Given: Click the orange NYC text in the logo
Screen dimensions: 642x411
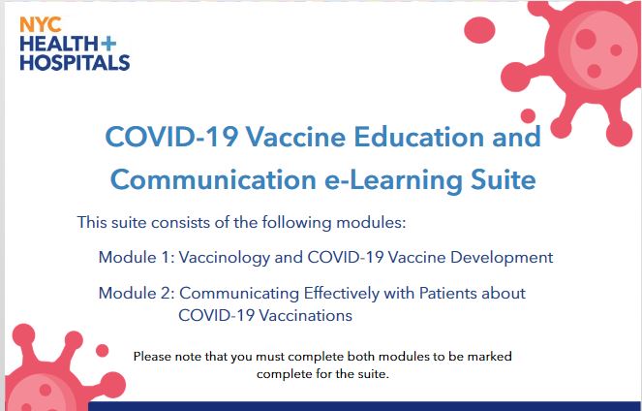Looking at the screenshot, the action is [41, 25].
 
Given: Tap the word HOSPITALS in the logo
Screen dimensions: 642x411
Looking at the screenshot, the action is [75, 63].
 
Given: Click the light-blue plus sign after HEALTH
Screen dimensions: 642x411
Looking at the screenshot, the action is [108, 44].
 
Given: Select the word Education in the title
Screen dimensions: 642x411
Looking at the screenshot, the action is [418, 137].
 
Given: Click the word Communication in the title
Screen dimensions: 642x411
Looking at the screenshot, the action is [213, 179].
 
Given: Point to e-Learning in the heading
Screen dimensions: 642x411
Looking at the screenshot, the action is [393, 181].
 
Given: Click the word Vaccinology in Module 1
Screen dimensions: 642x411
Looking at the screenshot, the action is [225, 258].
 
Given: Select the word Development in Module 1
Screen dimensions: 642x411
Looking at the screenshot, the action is [502, 258].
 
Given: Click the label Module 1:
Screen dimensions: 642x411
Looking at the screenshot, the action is [137, 257].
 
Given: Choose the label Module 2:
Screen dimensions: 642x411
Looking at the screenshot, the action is [137, 294].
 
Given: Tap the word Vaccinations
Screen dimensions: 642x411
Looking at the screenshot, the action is [306, 316].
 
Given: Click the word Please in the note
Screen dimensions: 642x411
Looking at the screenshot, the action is [152, 356].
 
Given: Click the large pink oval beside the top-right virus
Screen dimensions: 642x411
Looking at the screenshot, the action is [479, 30].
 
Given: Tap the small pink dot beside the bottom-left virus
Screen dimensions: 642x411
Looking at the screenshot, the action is [102, 351].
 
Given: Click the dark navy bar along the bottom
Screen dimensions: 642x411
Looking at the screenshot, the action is [365, 406].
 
